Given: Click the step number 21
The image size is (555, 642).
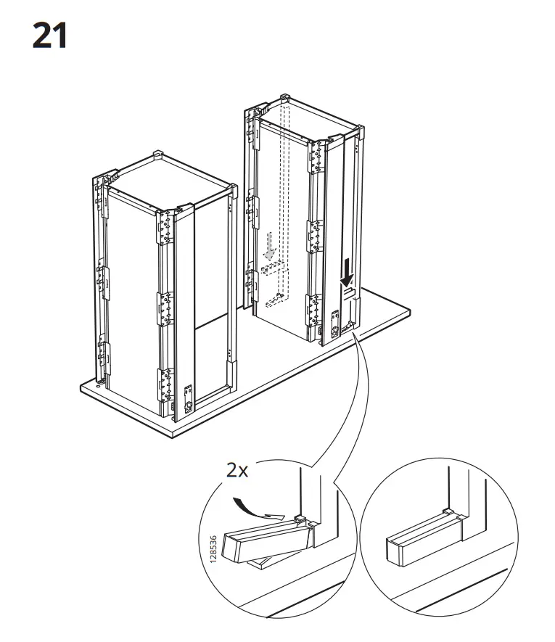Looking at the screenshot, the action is pyautogui.click(x=49, y=36).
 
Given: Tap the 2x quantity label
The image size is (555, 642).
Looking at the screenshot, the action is pyautogui.click(x=237, y=471).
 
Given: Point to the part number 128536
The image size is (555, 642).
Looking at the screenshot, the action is pyautogui.click(x=213, y=549).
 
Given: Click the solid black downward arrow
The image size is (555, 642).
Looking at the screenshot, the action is pyautogui.click(x=348, y=272).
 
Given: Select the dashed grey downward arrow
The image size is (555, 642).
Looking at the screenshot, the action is pyautogui.click(x=269, y=247).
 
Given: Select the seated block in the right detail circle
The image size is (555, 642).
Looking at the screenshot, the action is pyautogui.click(x=424, y=538).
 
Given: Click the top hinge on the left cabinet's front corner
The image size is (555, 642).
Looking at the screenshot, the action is pyautogui.click(x=165, y=228).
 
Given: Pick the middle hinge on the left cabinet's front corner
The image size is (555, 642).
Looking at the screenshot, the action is pyautogui.click(x=165, y=309).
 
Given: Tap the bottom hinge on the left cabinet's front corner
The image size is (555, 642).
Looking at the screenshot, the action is pyautogui.click(x=165, y=385).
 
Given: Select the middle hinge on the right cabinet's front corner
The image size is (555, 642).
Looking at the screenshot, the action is pyautogui.click(x=315, y=236).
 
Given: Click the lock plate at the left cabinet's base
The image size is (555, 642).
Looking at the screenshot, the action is pyautogui.click(x=189, y=398).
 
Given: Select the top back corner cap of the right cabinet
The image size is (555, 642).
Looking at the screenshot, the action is pyautogui.click(x=284, y=98).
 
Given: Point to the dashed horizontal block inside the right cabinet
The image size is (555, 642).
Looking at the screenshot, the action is pyautogui.click(x=273, y=268).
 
